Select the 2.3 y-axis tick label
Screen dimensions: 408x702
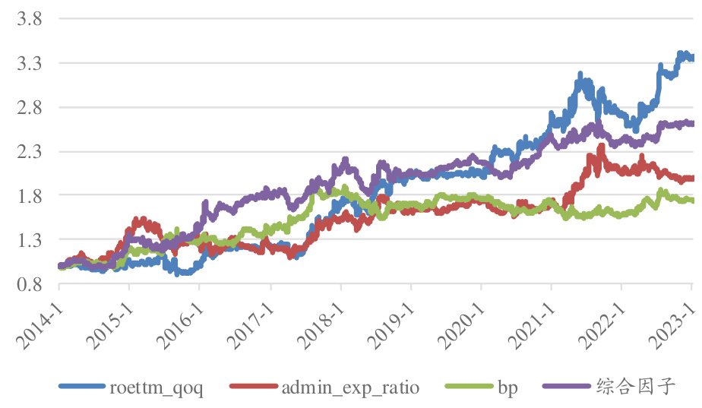[x=28, y=151]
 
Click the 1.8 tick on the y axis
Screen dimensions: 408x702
[x=28, y=195]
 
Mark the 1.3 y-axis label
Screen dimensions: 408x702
[x=28, y=240]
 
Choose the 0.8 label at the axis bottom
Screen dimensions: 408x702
[x=28, y=284]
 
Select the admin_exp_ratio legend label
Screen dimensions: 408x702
[x=350, y=387]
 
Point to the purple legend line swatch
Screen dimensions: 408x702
[x=567, y=387]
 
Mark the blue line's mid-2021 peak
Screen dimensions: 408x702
[x=580, y=74]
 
